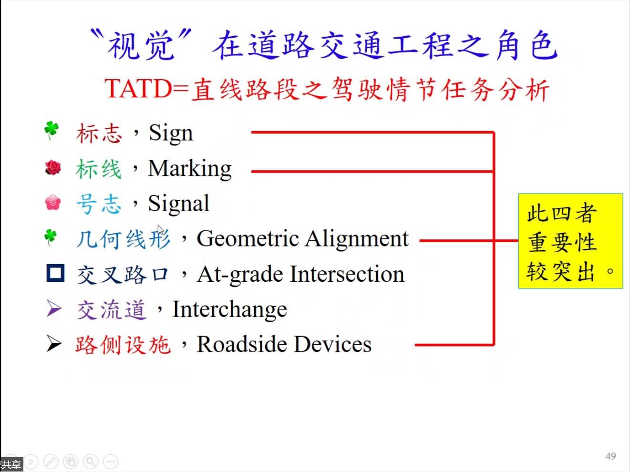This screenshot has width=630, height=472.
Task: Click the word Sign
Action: tap(171, 133)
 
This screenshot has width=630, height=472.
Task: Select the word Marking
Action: tap(190, 169)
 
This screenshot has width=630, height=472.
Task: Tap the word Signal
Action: tap(179, 204)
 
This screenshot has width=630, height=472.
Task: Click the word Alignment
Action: tap(357, 240)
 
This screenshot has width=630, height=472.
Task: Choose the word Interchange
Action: tap(229, 310)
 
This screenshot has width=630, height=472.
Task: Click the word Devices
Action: tap(333, 344)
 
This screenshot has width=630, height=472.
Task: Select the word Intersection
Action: tap(347, 275)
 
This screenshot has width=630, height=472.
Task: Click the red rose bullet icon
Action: tap(53, 167)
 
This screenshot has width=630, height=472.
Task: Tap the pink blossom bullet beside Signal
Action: tap(53, 203)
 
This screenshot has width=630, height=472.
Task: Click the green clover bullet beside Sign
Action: tap(52, 131)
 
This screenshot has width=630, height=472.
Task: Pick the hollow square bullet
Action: tap(55, 273)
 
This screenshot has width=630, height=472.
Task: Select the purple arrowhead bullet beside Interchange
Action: tap(54, 308)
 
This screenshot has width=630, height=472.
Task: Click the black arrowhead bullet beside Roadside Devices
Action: tap(54, 343)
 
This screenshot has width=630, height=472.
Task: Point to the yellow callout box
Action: tap(570, 241)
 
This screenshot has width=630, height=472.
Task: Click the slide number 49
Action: tap(611, 456)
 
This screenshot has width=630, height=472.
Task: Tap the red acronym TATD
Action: tap(138, 89)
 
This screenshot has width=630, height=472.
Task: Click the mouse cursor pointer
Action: tap(160, 230)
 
